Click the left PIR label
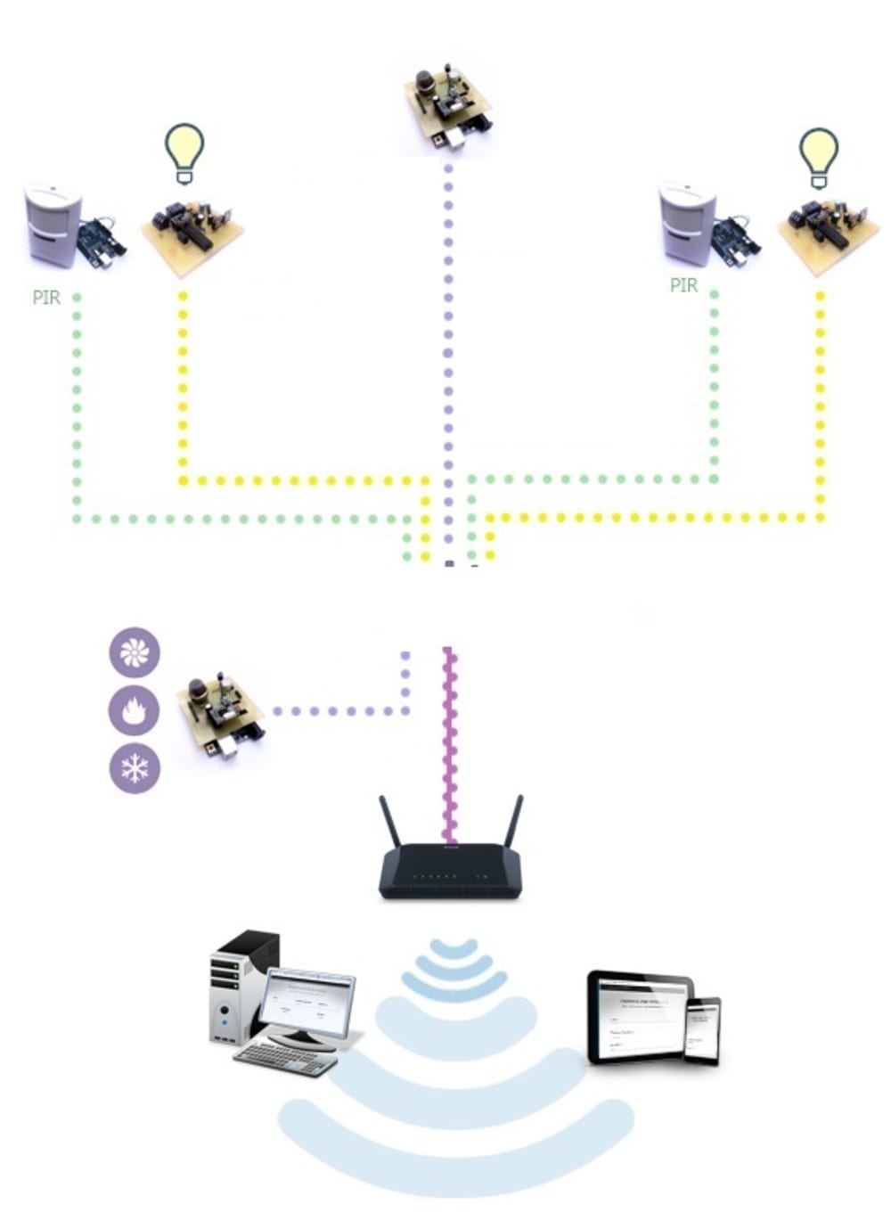click(x=46, y=297)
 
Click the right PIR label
click(x=683, y=285)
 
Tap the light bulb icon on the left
click(x=184, y=152)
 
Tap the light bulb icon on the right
click(x=818, y=157)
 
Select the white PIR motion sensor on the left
click(x=52, y=224)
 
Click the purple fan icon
click(x=135, y=652)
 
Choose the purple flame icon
click(x=135, y=710)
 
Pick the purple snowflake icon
click(x=135, y=767)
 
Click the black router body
click(x=450, y=872)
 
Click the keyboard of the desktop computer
click(x=286, y=1058)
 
